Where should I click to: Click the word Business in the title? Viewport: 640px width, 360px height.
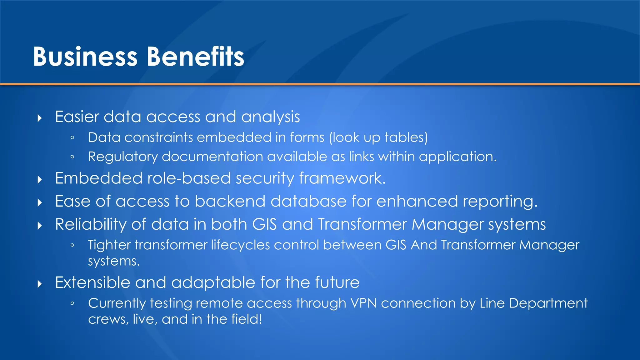pos(85,57)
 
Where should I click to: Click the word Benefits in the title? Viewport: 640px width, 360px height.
pos(195,57)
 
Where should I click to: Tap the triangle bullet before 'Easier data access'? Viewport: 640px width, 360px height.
pos(40,118)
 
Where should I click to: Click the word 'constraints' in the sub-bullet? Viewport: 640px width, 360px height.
pos(158,137)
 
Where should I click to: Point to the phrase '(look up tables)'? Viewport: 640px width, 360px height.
pos(378,138)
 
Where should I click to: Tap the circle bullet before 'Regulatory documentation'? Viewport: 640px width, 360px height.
pos(72,157)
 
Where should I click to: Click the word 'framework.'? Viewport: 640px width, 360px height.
pos(342,178)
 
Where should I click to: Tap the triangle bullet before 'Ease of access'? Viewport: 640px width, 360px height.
pos(40,203)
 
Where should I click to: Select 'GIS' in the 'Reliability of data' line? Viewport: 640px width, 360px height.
pos(264,224)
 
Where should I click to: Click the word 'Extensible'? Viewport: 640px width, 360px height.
pos(92,282)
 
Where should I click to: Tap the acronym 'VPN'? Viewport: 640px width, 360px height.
pos(363,303)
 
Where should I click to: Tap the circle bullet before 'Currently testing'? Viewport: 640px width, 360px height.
pos(72,303)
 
